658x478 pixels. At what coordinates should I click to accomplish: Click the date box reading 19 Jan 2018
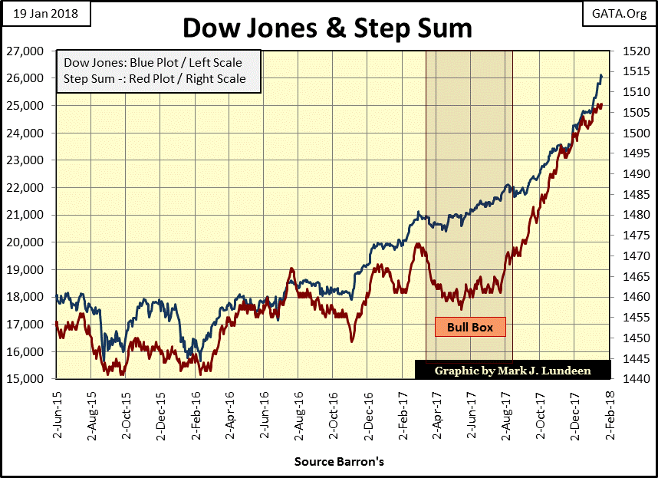pos(44,13)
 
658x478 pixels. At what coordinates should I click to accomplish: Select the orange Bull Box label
pos(471,327)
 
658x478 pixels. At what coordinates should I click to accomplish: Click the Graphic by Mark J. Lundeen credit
pos(513,370)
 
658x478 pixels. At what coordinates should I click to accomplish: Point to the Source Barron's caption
pos(338,462)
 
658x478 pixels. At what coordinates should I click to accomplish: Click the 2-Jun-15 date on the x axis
pos(58,414)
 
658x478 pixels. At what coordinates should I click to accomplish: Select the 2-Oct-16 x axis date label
pos(334,414)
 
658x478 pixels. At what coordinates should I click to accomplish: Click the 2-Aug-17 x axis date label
pos(507,414)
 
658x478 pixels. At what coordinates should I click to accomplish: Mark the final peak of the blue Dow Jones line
pos(601,75)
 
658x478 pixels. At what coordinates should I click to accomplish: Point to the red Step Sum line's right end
pos(602,105)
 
